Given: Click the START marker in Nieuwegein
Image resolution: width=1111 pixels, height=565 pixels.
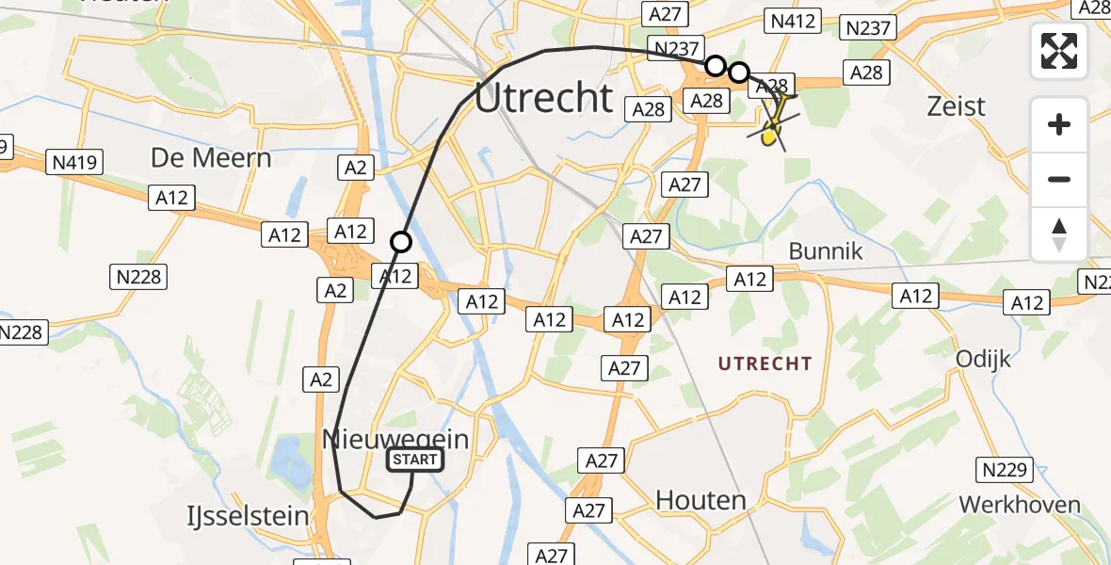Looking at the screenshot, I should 414,460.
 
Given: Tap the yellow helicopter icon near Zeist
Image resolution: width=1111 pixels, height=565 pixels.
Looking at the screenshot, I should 773,128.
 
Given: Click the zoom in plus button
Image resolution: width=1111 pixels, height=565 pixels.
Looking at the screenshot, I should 1059,124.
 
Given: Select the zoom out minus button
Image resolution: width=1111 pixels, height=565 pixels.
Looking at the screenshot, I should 1059,179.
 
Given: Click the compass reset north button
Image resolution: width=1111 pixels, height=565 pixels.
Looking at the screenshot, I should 1059,234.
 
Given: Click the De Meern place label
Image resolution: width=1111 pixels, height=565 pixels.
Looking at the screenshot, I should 211,157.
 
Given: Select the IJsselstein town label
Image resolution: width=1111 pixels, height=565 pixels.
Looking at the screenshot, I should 249,516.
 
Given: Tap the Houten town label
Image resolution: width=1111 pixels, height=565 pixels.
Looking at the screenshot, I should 700,499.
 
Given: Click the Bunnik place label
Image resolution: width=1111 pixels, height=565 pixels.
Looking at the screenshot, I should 825,252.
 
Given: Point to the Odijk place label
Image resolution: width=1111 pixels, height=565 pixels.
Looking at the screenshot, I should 983,359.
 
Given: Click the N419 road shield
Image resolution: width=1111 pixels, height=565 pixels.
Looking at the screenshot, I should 72,162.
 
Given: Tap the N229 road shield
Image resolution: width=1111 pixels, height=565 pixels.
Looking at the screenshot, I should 1005,469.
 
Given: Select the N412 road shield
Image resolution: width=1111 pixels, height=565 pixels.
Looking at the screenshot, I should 794,21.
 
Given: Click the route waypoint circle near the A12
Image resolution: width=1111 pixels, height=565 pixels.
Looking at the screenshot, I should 401,242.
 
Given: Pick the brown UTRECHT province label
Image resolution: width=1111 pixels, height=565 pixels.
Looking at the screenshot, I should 764,363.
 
